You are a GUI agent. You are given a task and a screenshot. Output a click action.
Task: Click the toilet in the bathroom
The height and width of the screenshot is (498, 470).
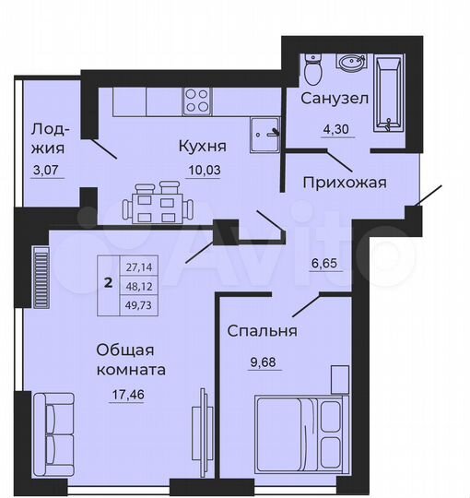[x=311, y=68]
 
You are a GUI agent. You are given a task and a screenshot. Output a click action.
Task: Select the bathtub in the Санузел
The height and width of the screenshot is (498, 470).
[x=388, y=92]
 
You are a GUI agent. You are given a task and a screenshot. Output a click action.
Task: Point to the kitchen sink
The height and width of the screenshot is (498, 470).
[x=266, y=131]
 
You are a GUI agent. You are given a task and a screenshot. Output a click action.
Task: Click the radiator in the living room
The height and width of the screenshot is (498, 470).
[x=41, y=268]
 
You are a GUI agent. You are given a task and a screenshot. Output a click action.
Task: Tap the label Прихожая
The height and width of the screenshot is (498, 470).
[x=345, y=182]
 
